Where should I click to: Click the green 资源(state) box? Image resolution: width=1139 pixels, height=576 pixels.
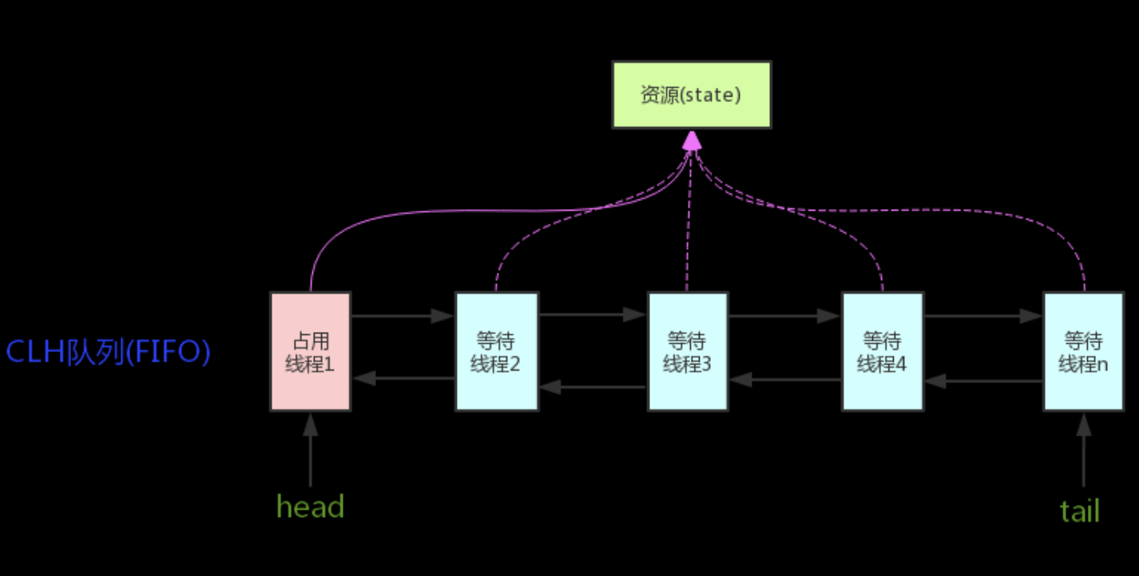[691, 94]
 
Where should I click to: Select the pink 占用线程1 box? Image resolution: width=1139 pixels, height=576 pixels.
[310, 351]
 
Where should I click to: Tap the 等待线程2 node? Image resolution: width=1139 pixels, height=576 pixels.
[496, 351]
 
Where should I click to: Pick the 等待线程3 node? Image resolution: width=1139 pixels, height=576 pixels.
[687, 351]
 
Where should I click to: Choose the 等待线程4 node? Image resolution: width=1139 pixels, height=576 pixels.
[882, 351]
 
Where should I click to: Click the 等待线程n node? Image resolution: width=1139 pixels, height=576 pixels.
[1083, 351]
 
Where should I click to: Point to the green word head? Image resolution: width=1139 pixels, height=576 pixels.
[310, 507]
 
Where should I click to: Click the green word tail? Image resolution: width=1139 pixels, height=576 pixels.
[1080, 511]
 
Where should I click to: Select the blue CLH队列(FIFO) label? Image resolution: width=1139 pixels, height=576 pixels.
[108, 352]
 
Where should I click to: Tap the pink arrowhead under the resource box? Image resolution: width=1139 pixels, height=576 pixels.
[692, 141]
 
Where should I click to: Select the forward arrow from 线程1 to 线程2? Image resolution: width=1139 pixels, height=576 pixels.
[403, 316]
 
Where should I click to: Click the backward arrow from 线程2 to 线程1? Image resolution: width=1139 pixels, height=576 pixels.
[403, 378]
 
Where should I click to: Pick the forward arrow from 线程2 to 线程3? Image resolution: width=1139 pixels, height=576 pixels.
[593, 314]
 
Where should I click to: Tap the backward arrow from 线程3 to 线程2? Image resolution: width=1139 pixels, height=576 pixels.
[593, 388]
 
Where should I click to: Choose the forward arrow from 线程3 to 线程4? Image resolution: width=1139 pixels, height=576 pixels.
[784, 316]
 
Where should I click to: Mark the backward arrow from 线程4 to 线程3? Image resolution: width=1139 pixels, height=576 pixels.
[784, 380]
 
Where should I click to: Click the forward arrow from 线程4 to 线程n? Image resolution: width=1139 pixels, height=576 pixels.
[983, 316]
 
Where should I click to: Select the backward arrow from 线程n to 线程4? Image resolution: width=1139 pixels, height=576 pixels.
[983, 381]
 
